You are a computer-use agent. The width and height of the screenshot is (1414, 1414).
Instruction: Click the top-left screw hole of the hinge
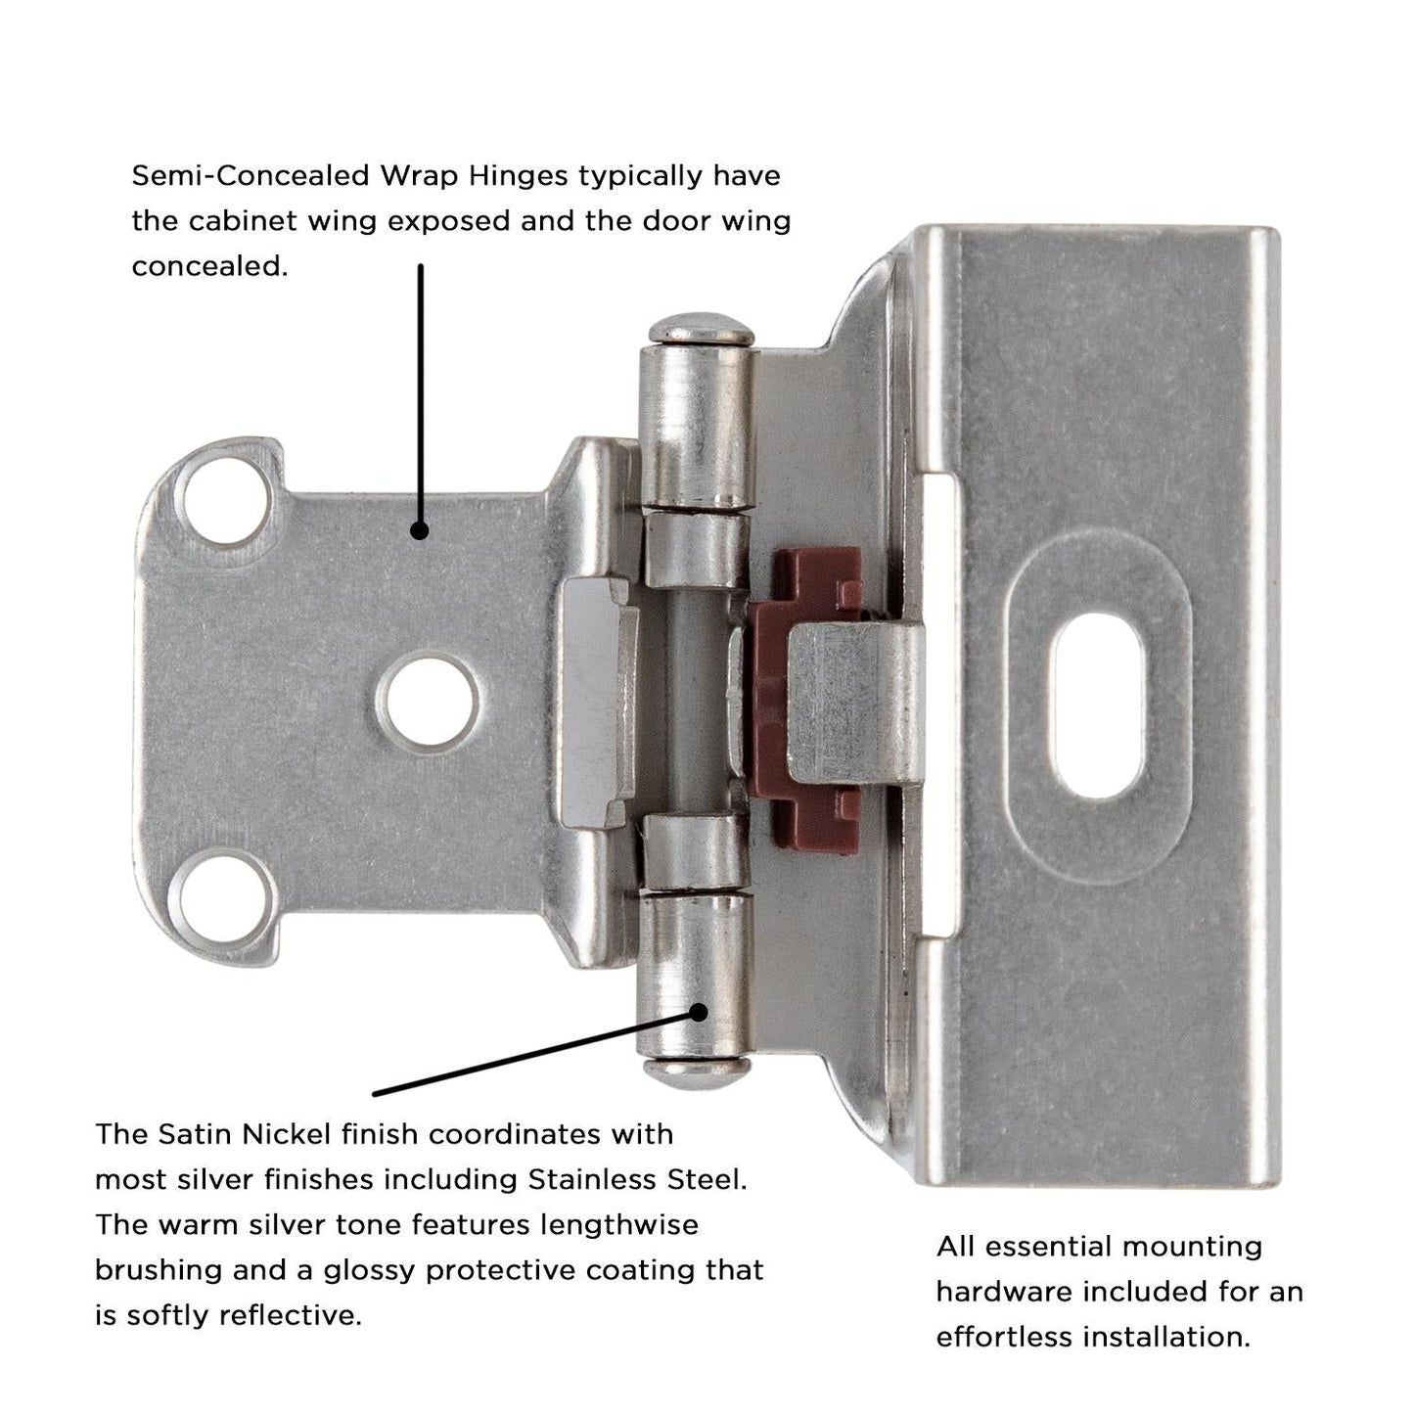[x=223, y=504]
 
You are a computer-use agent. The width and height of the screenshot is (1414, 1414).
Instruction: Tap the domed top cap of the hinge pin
[x=699, y=330]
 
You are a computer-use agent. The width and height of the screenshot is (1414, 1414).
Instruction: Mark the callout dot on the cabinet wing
[x=419, y=530]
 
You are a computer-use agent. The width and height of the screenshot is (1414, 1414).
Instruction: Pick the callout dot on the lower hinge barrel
[x=699, y=1011]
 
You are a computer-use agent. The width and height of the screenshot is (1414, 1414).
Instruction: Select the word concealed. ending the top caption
[x=209, y=266]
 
